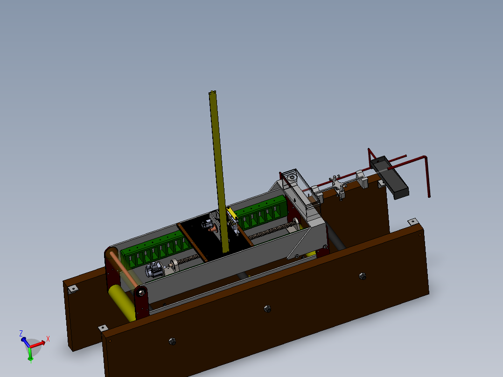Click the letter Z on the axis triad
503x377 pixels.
(21, 333)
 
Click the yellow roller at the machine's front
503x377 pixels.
(122, 303)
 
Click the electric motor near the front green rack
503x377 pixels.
(154, 270)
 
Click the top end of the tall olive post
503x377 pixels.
(213, 93)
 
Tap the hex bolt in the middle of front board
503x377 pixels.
(267, 308)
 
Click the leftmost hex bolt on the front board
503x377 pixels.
(172, 342)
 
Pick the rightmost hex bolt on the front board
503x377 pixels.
(363, 276)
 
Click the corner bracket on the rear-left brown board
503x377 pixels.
(73, 289)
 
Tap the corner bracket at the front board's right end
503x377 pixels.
(412, 221)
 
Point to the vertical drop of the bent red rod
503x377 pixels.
(427, 177)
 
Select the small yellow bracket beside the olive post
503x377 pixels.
(231, 215)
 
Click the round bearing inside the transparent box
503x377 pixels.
(292, 178)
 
